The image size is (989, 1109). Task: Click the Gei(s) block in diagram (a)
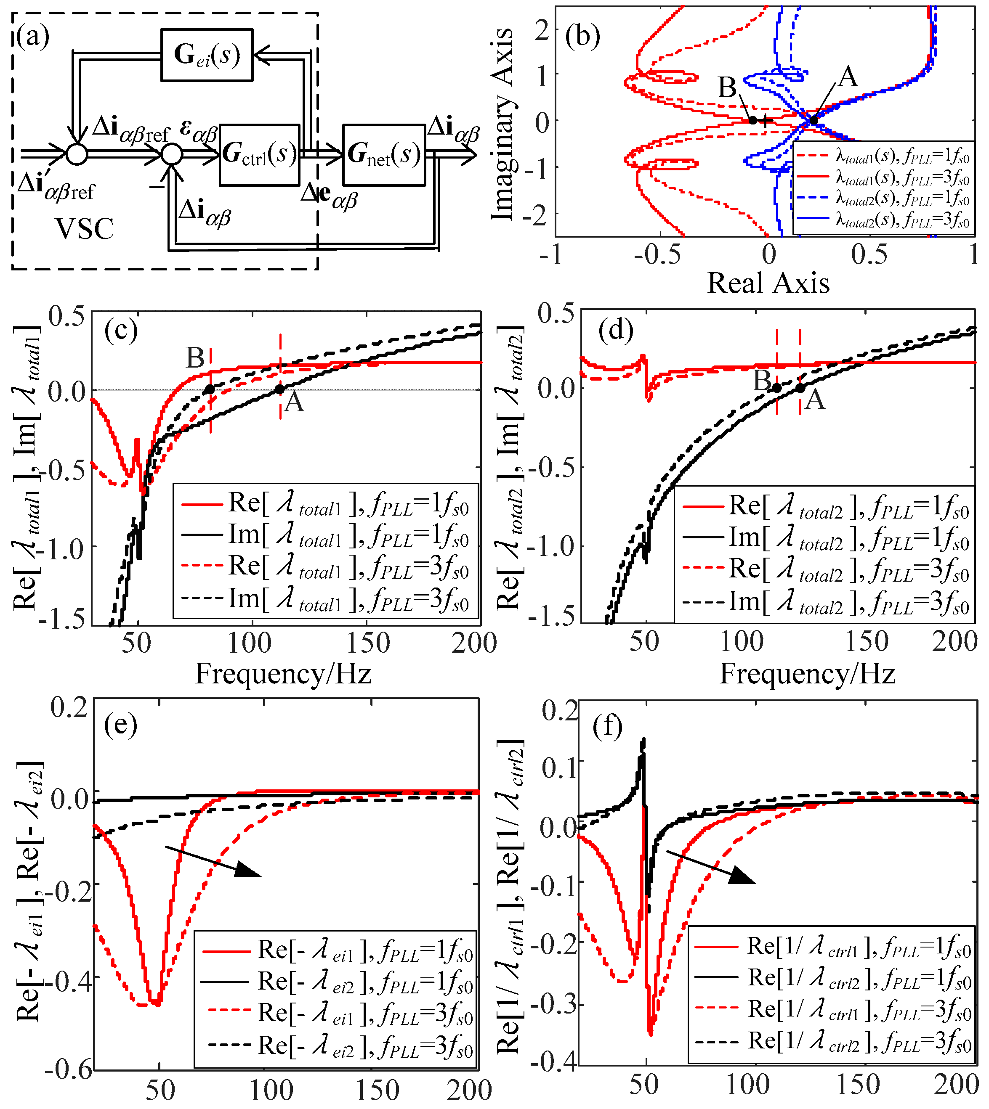(x=207, y=54)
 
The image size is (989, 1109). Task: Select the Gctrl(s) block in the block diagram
(x=260, y=155)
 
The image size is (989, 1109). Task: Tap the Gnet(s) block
(x=384, y=155)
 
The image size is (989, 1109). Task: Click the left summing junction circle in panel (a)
(x=77, y=154)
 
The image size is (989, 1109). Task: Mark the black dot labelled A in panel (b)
(x=813, y=120)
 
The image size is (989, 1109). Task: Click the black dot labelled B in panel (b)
(x=752, y=120)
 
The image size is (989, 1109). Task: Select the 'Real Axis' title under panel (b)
(x=768, y=283)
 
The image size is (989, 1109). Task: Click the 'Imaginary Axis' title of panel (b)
(x=502, y=125)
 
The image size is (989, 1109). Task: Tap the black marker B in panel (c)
(x=210, y=389)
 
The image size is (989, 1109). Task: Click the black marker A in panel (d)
(x=800, y=388)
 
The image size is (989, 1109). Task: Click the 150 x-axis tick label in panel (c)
(x=368, y=643)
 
